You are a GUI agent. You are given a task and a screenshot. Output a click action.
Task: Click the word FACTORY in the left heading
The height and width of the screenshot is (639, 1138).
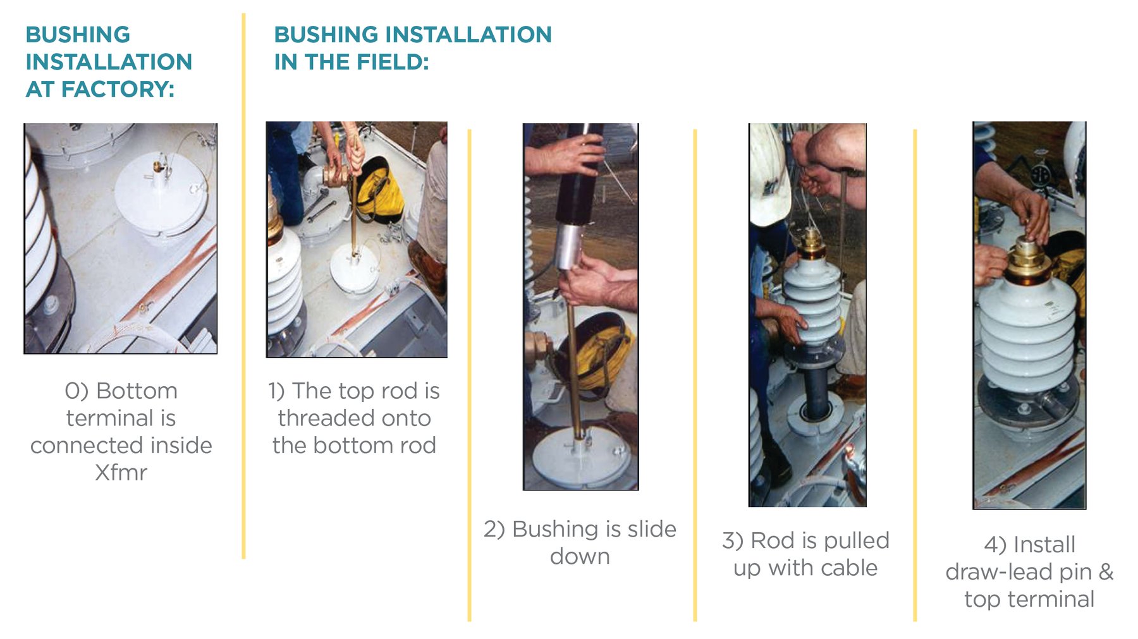pos(117,89)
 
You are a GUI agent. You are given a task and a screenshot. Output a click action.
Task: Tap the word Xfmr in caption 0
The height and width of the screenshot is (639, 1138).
pos(121,473)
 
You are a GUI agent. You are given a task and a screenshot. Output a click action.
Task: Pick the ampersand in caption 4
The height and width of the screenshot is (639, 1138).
pos(1106,572)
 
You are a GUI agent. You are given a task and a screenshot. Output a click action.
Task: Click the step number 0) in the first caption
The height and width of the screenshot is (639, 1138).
pos(76,391)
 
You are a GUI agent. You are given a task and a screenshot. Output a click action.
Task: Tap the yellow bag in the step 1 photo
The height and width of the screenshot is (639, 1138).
pos(379,190)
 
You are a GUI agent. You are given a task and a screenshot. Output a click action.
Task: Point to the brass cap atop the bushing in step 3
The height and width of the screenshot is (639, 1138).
pos(811,243)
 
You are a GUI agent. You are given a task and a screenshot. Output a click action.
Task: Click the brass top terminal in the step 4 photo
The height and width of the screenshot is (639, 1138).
pos(1028,259)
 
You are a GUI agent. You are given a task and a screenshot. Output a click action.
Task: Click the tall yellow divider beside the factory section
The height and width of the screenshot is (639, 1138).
pos(243,284)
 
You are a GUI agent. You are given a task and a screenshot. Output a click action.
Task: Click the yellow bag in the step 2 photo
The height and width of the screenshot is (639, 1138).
pos(601,354)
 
